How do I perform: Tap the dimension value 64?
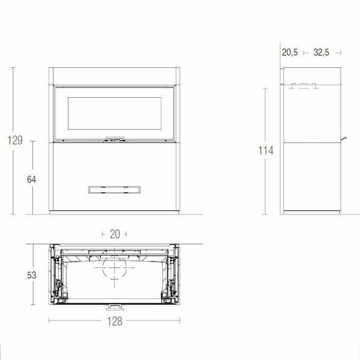coord(32,179)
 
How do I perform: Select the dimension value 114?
coord(266,151)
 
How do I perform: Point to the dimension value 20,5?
coord(290,52)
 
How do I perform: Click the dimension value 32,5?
coord(322,52)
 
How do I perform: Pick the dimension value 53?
coord(32,275)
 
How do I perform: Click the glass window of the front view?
coord(113,114)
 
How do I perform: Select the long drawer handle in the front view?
coord(113,189)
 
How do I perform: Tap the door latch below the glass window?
coord(113,139)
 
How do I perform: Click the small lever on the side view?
coord(346,139)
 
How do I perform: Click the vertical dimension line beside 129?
coord(13,180)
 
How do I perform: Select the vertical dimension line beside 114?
coord(266,186)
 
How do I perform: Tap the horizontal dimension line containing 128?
coord(72,321)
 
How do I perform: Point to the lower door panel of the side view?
coord(312,177)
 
